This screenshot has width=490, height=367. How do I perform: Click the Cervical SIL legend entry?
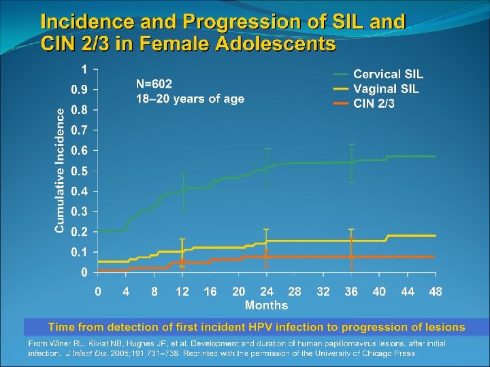coord(388,74)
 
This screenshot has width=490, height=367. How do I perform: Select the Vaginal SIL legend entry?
coord(386,89)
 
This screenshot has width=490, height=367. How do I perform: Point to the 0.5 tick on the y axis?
coord(80,171)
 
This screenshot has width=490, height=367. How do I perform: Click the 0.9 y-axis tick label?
coord(80,90)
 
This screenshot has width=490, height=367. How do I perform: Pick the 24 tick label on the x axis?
coord(267,292)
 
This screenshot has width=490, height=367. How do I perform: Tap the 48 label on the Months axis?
coord(436,292)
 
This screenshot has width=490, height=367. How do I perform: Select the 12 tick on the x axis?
coord(182,292)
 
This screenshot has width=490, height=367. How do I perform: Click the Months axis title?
coord(266,305)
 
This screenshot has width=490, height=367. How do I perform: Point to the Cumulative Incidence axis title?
coord(61,170)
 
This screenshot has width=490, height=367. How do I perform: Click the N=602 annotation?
coord(154,84)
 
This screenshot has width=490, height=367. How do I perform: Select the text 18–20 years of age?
coord(190,99)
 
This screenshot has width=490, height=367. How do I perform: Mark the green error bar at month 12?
coord(182,192)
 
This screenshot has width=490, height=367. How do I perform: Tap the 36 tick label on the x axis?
coord(351,292)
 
